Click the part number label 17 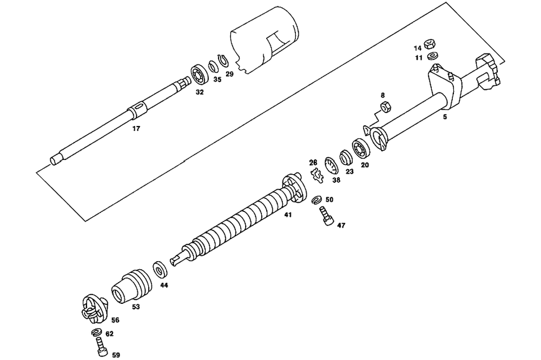pos(136,129)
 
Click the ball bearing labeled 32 pos(199,75)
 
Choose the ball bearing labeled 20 pos(360,147)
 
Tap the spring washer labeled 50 pos(318,200)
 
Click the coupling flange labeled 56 pos(93,308)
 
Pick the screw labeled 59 pos(101,344)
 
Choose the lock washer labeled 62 pos(97,332)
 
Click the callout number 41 pos(288,215)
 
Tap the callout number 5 pos(445,116)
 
